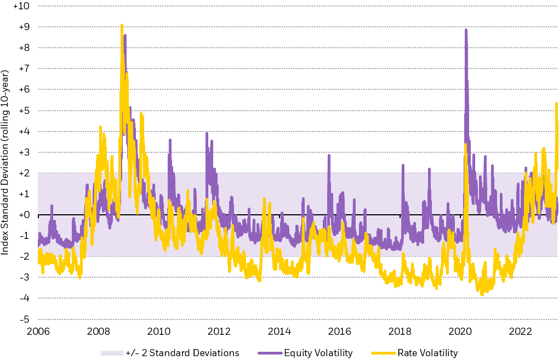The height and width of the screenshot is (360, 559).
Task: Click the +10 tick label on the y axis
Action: pyautogui.click(x=22, y=6)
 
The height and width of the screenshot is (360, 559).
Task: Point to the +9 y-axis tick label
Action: pyautogui.click(x=25, y=27)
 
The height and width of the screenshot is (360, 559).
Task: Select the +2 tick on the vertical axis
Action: pyautogui.click(x=25, y=173)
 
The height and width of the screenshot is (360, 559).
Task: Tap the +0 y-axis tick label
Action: pyautogui.click(x=25, y=215)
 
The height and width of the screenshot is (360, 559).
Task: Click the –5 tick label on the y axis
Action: pyautogui.click(x=25, y=319)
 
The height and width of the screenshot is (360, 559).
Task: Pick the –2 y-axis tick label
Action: pyautogui.click(x=25, y=256)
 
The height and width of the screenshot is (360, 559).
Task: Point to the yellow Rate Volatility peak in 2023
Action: pyautogui.click(x=556, y=103)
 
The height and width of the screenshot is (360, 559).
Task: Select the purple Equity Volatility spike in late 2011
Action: pyautogui.click(x=207, y=133)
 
